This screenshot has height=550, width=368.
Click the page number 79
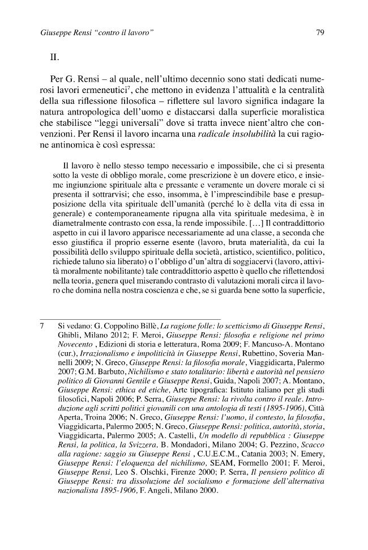click(319, 33)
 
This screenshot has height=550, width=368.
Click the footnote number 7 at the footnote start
click(43, 327)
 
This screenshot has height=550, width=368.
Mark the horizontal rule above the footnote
click(130, 318)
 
